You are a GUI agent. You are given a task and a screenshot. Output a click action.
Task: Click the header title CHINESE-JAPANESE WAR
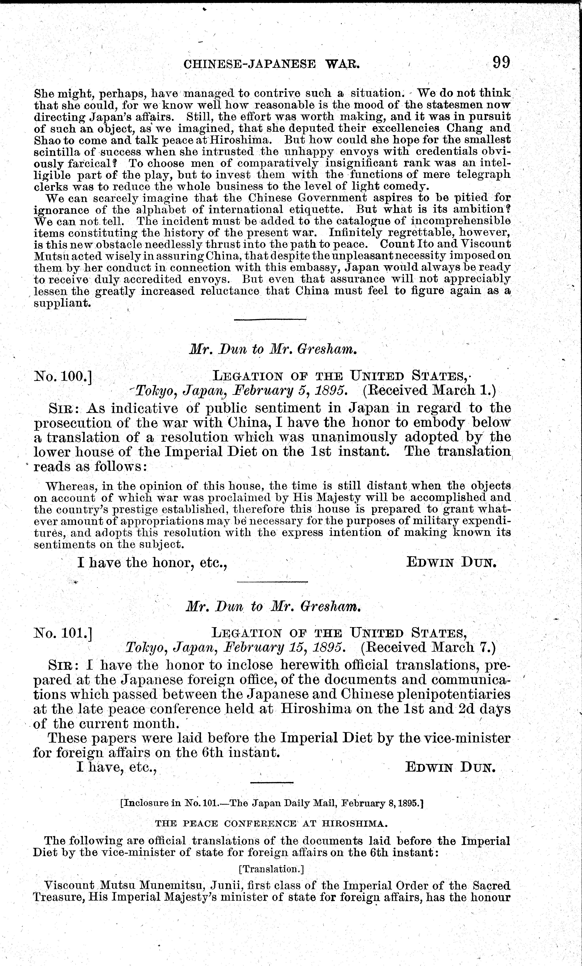click(271, 64)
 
